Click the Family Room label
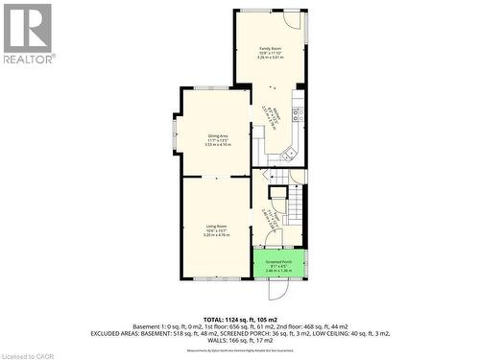(271, 48)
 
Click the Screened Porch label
(278, 261)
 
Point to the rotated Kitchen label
(277, 117)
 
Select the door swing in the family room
(292, 20)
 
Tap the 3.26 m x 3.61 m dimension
(271, 58)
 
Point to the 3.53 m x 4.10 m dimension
(218, 145)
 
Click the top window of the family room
(254, 11)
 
